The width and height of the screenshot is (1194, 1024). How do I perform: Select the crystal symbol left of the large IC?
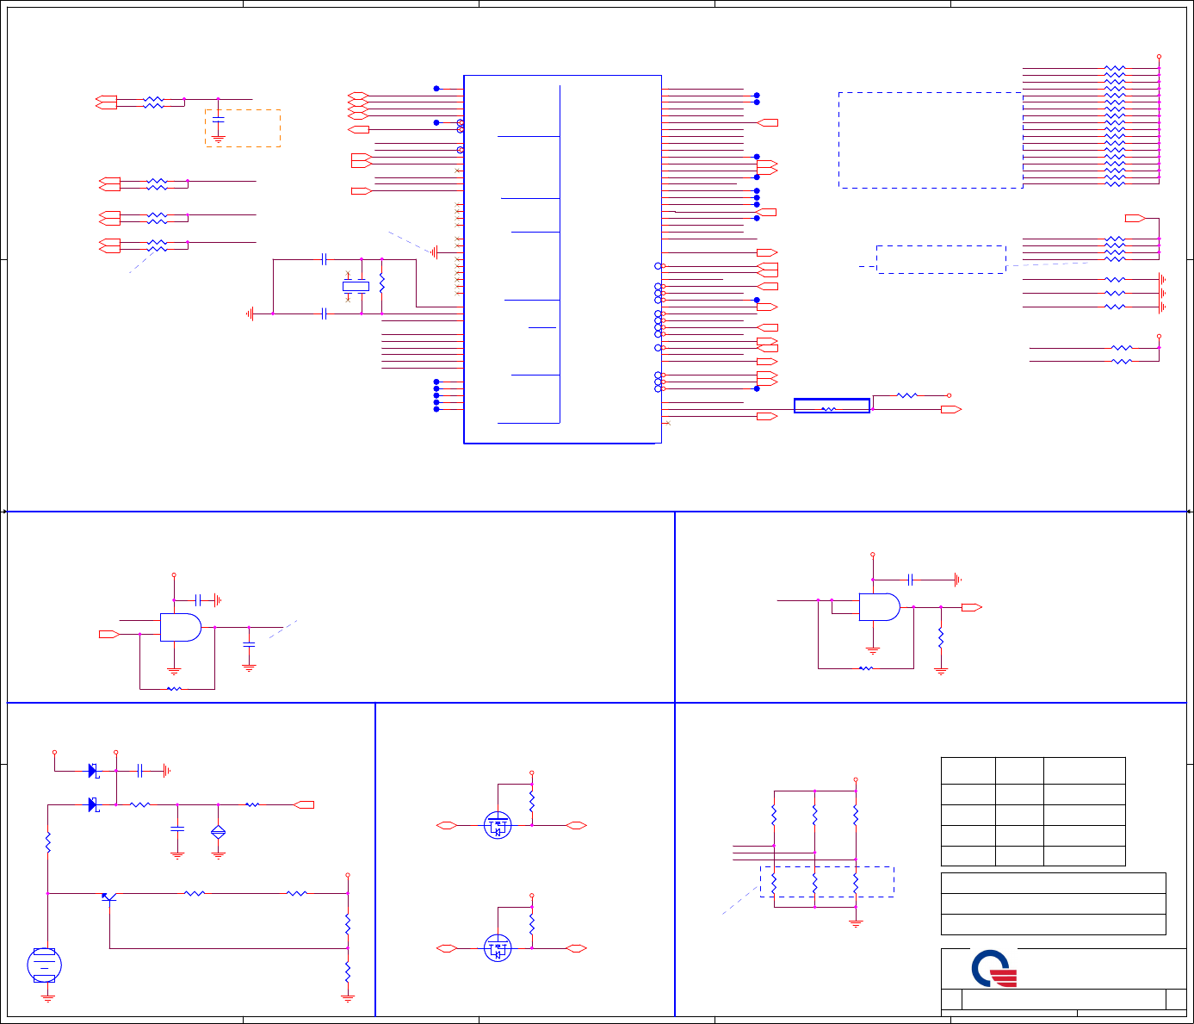click(x=356, y=286)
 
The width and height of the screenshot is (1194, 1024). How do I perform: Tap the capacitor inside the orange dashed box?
click(x=218, y=117)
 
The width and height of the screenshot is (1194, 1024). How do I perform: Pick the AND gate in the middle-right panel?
click(x=879, y=607)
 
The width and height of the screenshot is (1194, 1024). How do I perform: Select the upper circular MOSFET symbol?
click(x=498, y=826)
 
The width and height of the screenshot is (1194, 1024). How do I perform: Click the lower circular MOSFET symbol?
click(x=498, y=949)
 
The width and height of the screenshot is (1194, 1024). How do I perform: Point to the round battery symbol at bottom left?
click(x=44, y=965)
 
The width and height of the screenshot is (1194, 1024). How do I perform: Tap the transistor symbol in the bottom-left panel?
click(x=108, y=897)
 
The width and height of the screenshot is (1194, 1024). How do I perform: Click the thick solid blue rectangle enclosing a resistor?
click(x=831, y=406)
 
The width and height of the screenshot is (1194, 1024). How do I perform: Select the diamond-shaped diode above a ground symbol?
click(x=218, y=832)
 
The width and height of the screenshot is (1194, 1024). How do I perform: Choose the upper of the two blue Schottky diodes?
click(x=93, y=771)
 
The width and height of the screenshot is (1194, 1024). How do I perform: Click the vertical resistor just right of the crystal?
click(x=381, y=283)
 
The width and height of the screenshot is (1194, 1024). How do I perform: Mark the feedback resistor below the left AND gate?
click(x=174, y=689)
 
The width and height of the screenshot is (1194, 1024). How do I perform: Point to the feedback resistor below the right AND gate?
click(x=866, y=668)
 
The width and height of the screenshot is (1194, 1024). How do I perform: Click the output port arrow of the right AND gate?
click(x=971, y=608)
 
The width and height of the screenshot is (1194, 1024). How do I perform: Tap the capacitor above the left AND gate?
click(x=198, y=599)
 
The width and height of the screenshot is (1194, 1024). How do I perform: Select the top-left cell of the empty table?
click(x=968, y=771)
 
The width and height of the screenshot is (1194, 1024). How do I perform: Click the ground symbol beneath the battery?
click(x=48, y=998)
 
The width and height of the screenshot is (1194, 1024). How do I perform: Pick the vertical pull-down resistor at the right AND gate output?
click(x=941, y=638)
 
